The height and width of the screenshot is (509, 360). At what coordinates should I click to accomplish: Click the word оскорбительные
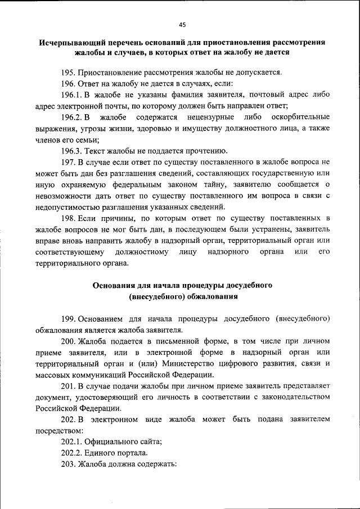coord(299,117)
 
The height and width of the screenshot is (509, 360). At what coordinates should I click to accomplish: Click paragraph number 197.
coord(69,161)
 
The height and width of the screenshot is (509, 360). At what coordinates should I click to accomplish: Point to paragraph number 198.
coord(69,217)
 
